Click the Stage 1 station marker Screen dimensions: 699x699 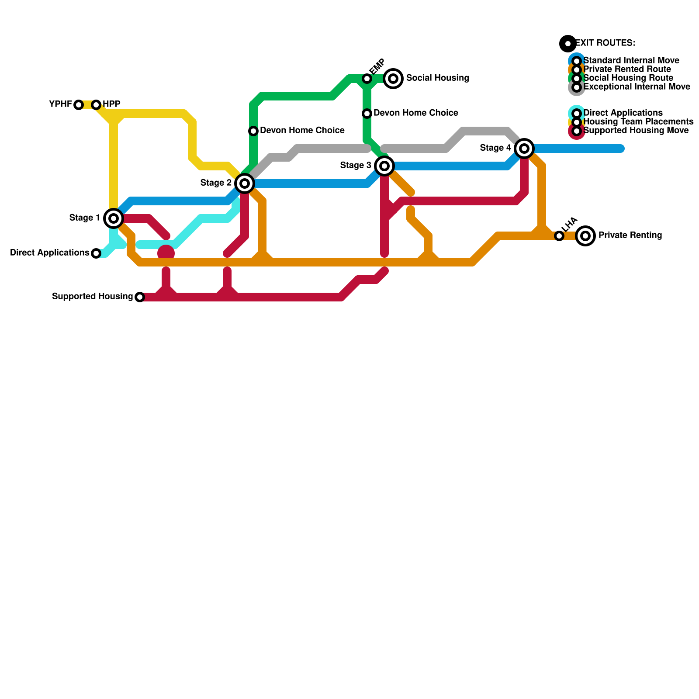[x=114, y=218]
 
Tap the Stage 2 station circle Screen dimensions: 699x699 [x=245, y=183]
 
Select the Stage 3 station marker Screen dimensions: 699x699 [x=384, y=166]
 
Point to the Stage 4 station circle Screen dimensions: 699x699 [x=524, y=149]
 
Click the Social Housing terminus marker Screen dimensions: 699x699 [x=393, y=79]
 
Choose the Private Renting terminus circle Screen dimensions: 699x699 [x=585, y=236]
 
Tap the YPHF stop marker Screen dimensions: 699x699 [x=79, y=105]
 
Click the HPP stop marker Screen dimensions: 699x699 [x=96, y=105]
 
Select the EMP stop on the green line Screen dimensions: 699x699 [x=367, y=79]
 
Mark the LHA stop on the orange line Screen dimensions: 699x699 [x=559, y=236]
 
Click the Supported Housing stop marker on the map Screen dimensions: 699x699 [x=140, y=297]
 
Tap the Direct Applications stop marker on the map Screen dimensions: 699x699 [x=96, y=253]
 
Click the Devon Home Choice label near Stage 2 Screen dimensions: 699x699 [x=302, y=131]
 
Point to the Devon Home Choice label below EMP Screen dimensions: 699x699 [x=415, y=113]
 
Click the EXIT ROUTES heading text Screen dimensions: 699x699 [x=605, y=43]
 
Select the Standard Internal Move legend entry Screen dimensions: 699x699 [x=631, y=61]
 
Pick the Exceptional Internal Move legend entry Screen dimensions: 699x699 [x=637, y=87]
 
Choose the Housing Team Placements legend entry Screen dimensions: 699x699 [x=638, y=122]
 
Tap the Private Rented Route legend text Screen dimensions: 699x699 [x=627, y=69]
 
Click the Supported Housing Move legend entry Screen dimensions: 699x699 [x=636, y=131]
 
